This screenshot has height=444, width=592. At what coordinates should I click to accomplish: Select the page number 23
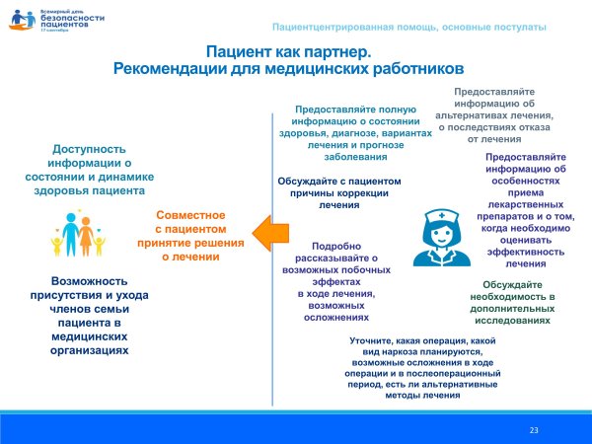(534, 430)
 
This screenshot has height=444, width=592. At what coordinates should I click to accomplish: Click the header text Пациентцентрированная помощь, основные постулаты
(407, 25)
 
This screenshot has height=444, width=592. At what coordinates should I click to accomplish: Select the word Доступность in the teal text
(90, 149)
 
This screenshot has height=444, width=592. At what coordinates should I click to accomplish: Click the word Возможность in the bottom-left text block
(90, 281)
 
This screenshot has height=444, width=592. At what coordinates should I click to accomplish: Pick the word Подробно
(337, 246)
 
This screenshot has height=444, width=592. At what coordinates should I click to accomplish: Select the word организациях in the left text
(90, 350)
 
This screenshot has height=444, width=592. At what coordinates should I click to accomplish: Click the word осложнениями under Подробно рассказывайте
(337, 318)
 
